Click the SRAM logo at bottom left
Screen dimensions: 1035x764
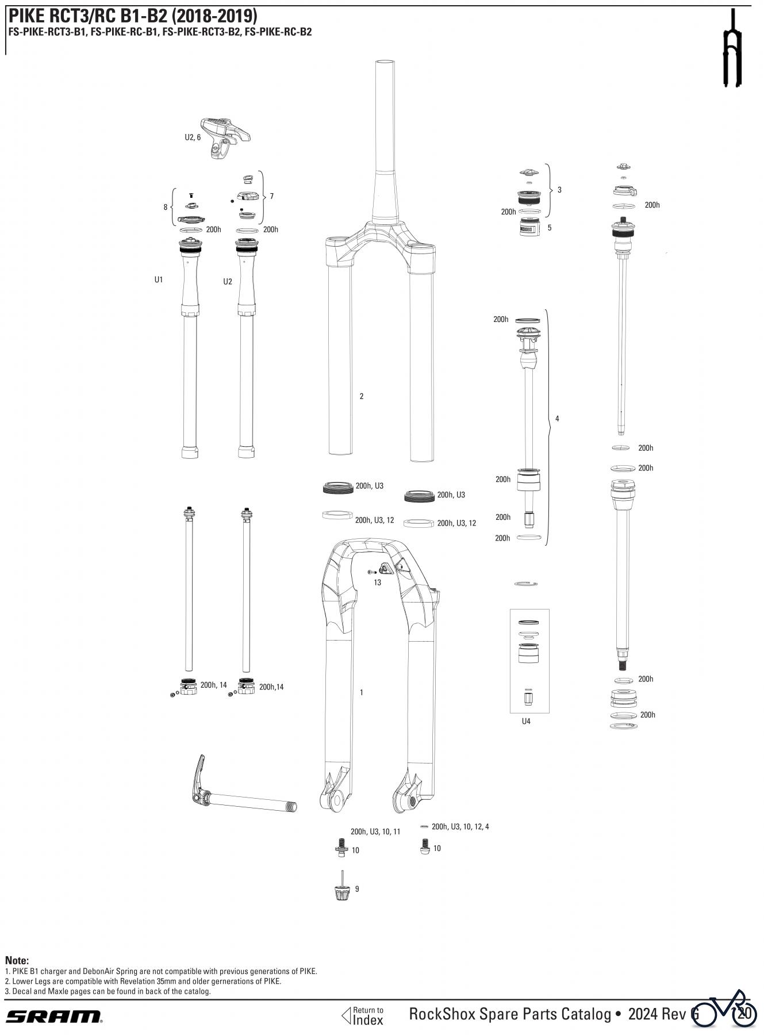(x=54, y=1016)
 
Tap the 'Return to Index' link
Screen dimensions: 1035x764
(x=363, y=1016)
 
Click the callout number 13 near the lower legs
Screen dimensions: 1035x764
(x=377, y=582)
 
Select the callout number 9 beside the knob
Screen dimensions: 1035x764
(x=357, y=889)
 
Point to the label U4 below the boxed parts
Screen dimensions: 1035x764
(x=525, y=721)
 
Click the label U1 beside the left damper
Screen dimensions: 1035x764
(x=159, y=279)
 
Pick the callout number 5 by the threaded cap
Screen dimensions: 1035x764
(x=549, y=228)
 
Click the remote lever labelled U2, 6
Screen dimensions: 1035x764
(x=225, y=136)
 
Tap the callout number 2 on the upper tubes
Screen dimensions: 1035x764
(x=361, y=396)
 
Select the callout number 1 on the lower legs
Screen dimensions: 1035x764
(x=361, y=692)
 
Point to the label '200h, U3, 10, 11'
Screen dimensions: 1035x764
(x=375, y=831)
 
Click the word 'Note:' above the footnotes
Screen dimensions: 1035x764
(x=17, y=960)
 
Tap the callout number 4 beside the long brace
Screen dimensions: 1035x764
(x=556, y=419)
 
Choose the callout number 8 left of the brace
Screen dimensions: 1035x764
(x=166, y=207)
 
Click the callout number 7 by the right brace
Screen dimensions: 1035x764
(x=271, y=196)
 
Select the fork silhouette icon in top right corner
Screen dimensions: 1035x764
(x=732, y=49)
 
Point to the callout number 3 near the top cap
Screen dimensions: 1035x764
(x=559, y=190)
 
